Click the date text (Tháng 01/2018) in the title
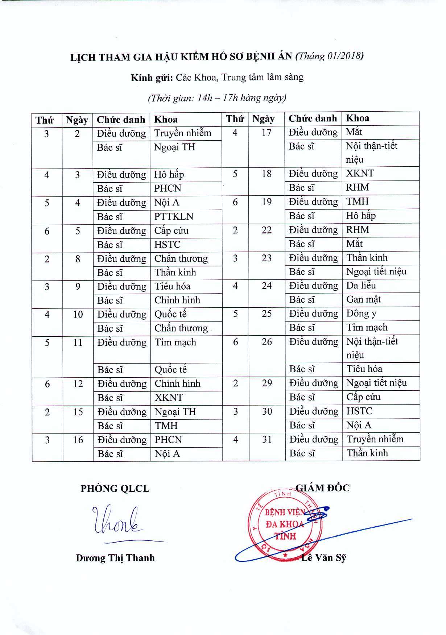pos(330,57)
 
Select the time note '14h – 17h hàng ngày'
pos(217,98)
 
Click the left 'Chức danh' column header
pos(121,120)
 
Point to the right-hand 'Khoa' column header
pos(358,118)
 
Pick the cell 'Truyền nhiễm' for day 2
pos(182,133)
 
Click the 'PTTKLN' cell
pos(174,216)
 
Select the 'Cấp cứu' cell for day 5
pos(171,231)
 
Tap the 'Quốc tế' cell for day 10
pos(170,314)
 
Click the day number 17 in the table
pos(267,133)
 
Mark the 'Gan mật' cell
pos(363,299)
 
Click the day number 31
pos(267,439)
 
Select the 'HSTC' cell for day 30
pos(359,411)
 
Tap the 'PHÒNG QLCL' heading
pos(115,489)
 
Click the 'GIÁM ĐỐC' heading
pos(322,488)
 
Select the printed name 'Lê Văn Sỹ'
pos(323,558)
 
